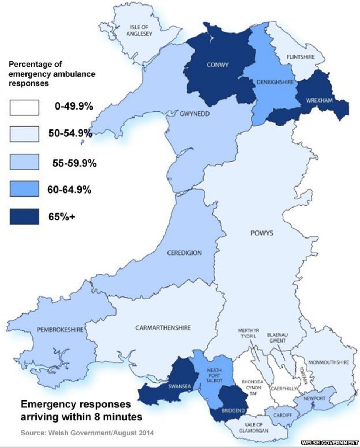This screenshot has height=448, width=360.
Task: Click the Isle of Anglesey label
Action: pos(141,29)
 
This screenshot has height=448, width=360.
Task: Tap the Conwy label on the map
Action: pos(218,65)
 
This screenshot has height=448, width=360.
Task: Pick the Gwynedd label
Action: pos(195,114)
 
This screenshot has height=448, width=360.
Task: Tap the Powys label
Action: pos(262,233)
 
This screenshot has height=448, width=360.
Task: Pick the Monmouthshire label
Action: pos(328,362)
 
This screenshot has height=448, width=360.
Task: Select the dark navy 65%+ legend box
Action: pos(24,216)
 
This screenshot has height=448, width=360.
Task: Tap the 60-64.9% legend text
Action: pos(69,190)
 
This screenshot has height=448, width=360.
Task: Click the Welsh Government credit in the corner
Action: pos(330,442)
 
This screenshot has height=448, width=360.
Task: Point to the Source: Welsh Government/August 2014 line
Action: pos(87,433)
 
